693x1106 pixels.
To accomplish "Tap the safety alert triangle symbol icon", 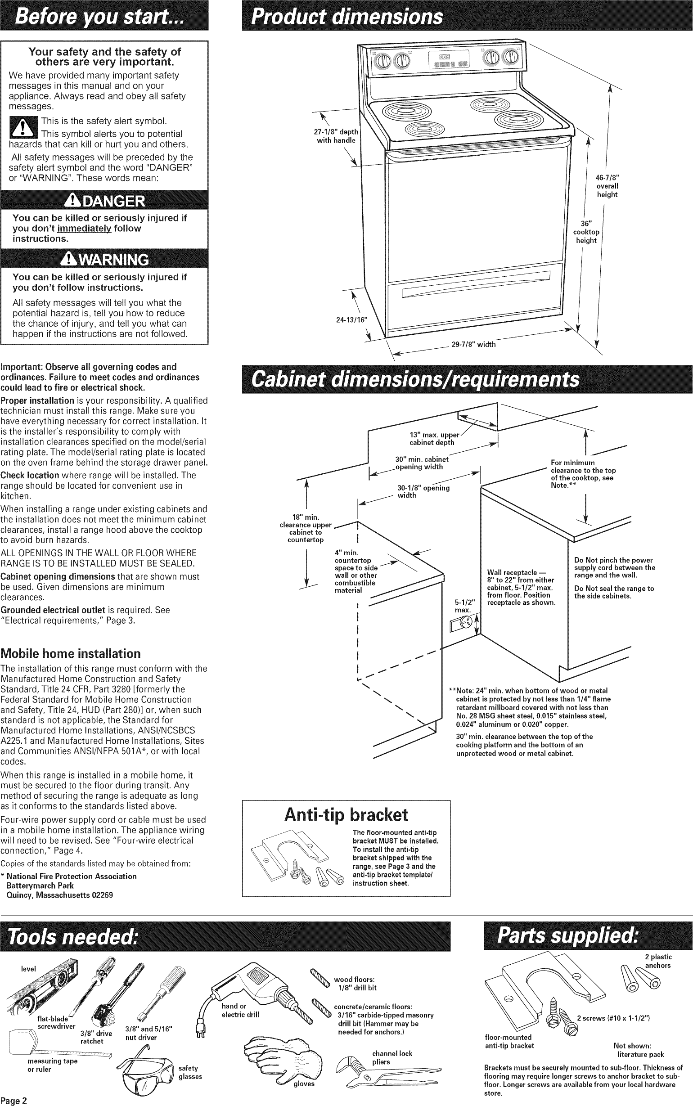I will click(x=23, y=128).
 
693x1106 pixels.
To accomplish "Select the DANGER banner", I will click(x=104, y=201).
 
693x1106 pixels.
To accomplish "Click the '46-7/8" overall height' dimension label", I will click(x=607, y=186).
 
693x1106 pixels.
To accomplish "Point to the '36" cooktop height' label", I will click(x=586, y=232).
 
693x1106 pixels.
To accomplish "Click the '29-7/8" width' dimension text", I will click(x=473, y=345).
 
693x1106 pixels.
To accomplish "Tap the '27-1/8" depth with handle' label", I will click(x=336, y=136).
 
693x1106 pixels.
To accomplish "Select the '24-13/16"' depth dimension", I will click(x=352, y=320).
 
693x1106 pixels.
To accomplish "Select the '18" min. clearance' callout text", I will click(x=305, y=528).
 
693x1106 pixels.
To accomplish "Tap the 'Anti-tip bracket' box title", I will click(x=346, y=814).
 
